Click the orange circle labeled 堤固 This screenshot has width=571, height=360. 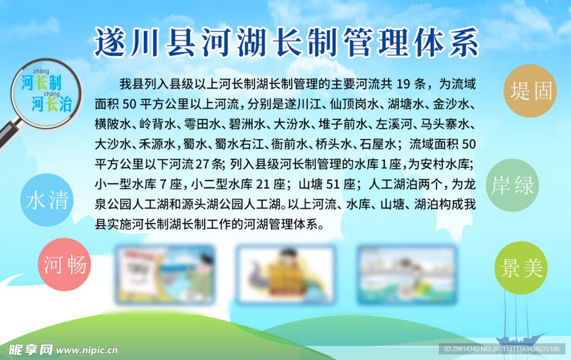pos(530,91)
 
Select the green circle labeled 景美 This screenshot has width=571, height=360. pos(521,268)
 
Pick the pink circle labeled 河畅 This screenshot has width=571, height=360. pos(65,264)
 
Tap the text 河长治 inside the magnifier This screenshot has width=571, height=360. pos(51,104)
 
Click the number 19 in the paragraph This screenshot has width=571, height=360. pos(403,85)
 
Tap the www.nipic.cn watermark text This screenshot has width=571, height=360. pos(88,351)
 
